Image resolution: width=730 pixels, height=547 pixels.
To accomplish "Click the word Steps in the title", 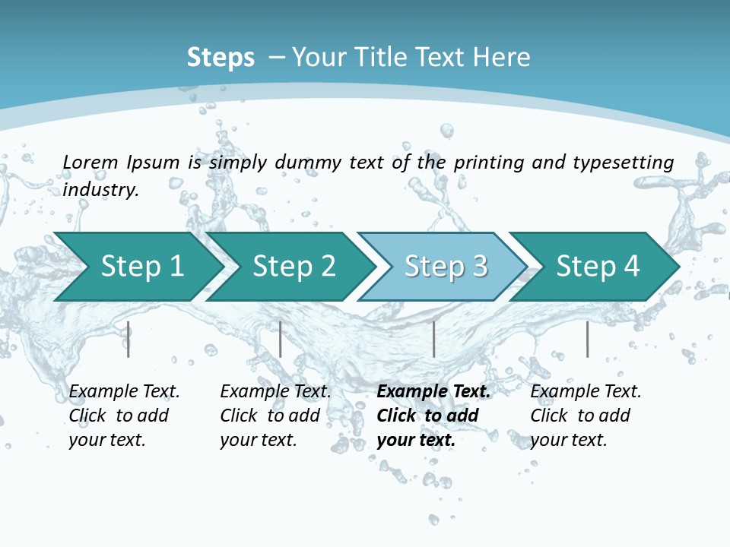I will [221, 57].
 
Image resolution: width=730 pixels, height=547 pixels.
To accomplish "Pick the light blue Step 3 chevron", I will [446, 266].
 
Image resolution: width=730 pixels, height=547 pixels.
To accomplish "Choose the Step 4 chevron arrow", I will [598, 266].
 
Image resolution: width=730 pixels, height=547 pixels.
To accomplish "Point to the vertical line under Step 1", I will [129, 339].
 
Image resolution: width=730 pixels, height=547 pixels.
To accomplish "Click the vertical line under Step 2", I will [281, 339].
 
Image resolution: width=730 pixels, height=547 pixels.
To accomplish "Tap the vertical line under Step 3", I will [433, 339].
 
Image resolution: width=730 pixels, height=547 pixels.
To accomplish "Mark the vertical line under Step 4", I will [587, 339].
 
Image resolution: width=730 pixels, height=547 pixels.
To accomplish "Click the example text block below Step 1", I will [124, 416].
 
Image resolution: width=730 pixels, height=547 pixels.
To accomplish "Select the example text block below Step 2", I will [275, 416].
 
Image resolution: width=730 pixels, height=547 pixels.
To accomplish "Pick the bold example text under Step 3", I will [433, 416].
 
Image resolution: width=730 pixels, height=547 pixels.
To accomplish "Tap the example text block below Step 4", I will [586, 416].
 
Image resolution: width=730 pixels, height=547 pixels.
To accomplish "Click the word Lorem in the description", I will [90, 162].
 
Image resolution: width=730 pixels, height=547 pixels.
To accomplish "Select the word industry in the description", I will [100, 189].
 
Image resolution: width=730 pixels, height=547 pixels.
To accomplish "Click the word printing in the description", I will [489, 162].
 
